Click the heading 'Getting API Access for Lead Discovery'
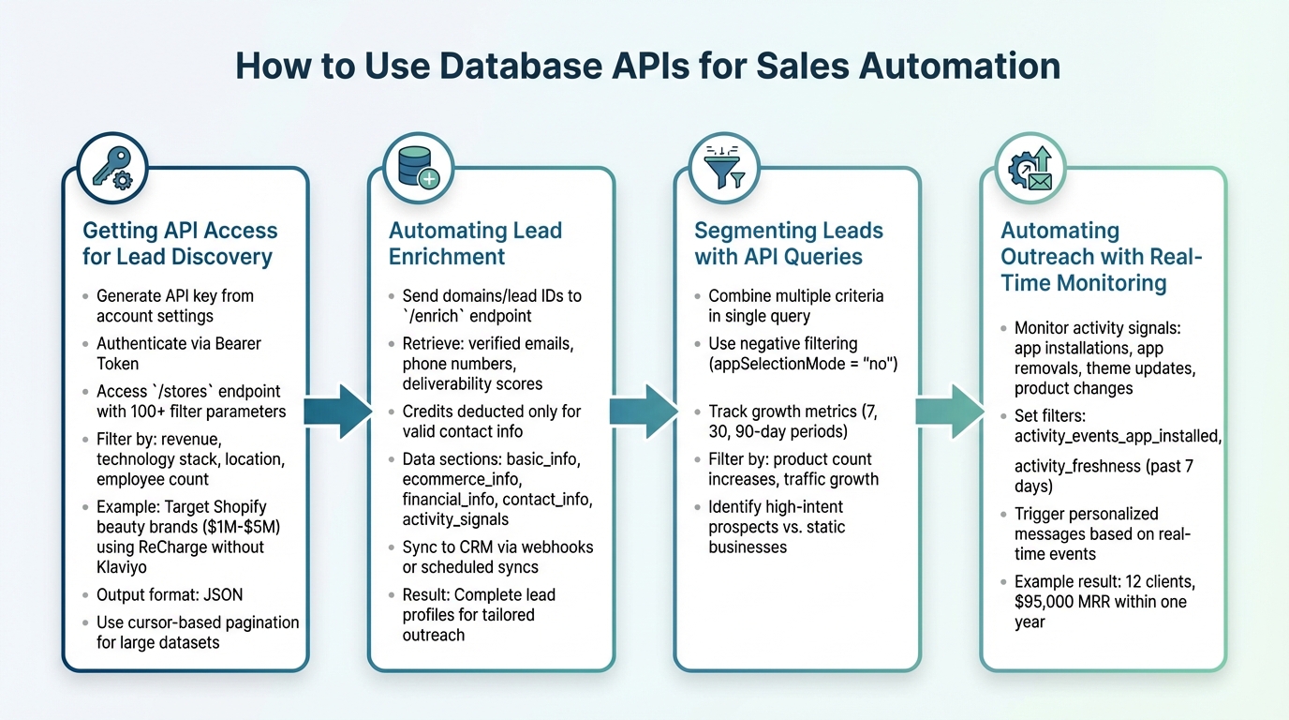(x=180, y=244)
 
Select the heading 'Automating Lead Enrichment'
(x=475, y=244)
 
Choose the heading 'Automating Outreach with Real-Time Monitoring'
(x=1101, y=257)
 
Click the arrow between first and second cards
(x=338, y=411)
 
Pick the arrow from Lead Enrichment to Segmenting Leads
(x=644, y=411)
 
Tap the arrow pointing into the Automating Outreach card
(x=949, y=411)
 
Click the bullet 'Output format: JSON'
(x=170, y=594)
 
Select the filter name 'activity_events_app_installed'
(x=1118, y=436)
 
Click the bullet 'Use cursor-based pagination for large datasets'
(x=197, y=632)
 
